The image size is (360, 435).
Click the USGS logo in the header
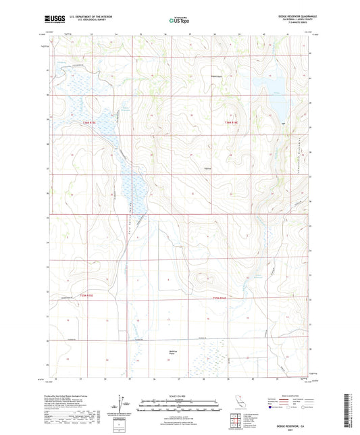[x=52, y=20]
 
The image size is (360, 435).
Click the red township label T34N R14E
[x=232, y=122]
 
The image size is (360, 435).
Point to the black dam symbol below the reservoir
[x=282, y=124]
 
